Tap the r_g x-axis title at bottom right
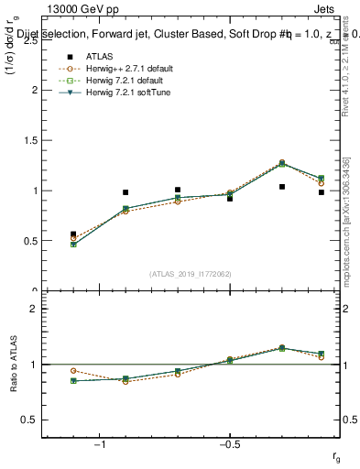336,455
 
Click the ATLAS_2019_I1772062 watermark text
191,273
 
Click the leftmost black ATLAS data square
73,234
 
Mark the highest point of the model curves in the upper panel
281,162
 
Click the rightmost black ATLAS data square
321,192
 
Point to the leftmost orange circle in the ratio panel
73,371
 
